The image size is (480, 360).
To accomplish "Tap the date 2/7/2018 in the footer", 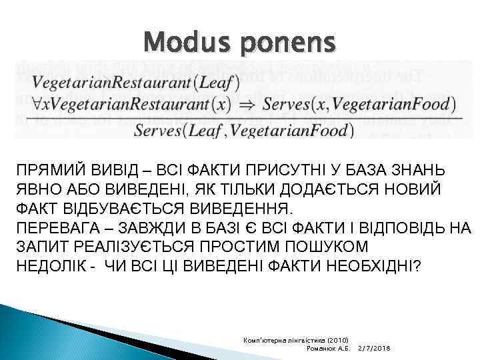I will pyautogui.click(x=374, y=349).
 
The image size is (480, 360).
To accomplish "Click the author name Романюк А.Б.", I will pyautogui.click(x=327, y=349).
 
